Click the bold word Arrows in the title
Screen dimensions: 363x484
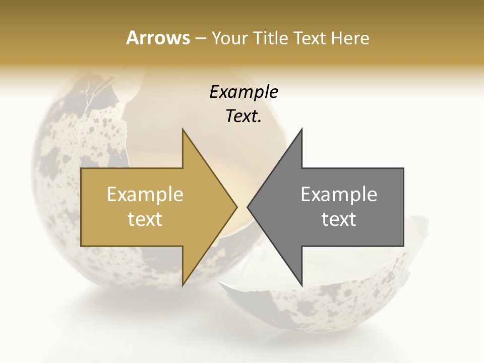pyautogui.click(x=158, y=38)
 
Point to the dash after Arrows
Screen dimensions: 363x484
pyautogui.click(x=200, y=38)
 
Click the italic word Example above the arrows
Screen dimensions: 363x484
pyautogui.click(x=244, y=92)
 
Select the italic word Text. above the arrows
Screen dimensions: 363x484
pyautogui.click(x=244, y=116)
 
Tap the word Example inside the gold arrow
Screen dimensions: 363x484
pyautogui.click(x=145, y=194)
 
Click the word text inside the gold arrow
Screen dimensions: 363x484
pyautogui.click(x=145, y=219)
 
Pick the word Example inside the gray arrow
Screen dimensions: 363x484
pyautogui.click(x=339, y=194)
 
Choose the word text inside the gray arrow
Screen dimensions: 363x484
pyautogui.click(x=339, y=219)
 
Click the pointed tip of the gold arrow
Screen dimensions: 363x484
pyautogui.click(x=236, y=207)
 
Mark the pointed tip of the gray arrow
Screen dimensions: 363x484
pyautogui.click(x=249, y=207)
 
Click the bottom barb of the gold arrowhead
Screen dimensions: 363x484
pyautogui.click(x=184, y=283)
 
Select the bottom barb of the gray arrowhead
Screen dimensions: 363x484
pyautogui.click(x=301, y=283)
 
